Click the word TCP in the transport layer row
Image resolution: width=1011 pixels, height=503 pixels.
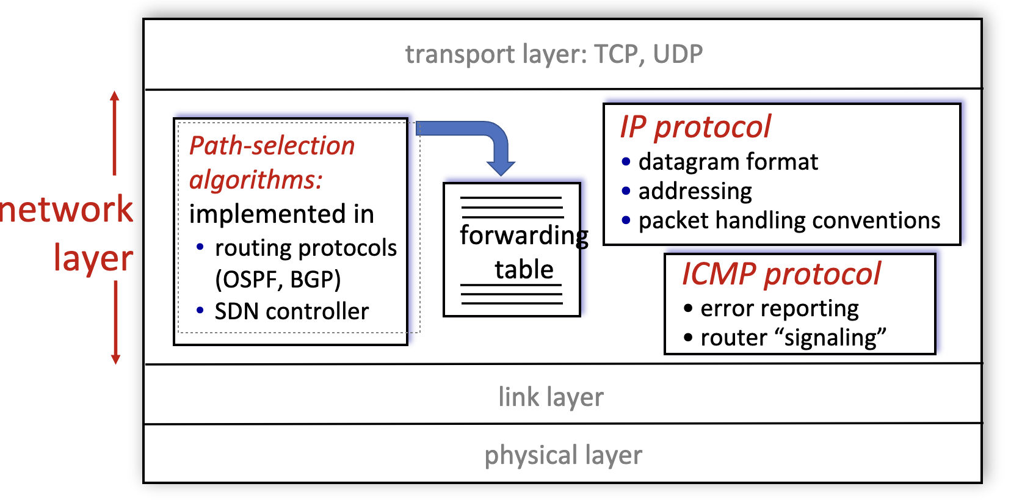click(616, 54)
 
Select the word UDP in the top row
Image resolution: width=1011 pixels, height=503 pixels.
click(678, 54)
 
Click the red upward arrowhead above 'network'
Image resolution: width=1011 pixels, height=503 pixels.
click(115, 96)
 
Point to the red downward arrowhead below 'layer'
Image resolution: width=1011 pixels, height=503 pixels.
click(115, 358)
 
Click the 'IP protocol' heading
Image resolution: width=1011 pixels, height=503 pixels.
click(695, 127)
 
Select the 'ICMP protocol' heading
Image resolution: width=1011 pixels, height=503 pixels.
click(781, 273)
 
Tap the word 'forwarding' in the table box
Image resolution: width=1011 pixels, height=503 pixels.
click(524, 236)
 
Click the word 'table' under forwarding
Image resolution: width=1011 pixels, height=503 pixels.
click(524, 269)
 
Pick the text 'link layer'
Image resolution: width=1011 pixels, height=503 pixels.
click(551, 397)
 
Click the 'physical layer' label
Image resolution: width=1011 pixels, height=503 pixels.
click(563, 455)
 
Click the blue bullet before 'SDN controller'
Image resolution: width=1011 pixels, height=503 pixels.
click(200, 311)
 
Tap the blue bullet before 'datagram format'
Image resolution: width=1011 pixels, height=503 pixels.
click(626, 162)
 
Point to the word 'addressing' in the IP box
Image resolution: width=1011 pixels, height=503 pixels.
click(695, 191)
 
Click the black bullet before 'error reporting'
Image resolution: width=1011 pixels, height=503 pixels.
click(688, 308)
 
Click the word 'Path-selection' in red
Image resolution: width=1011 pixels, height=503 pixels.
click(272, 146)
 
